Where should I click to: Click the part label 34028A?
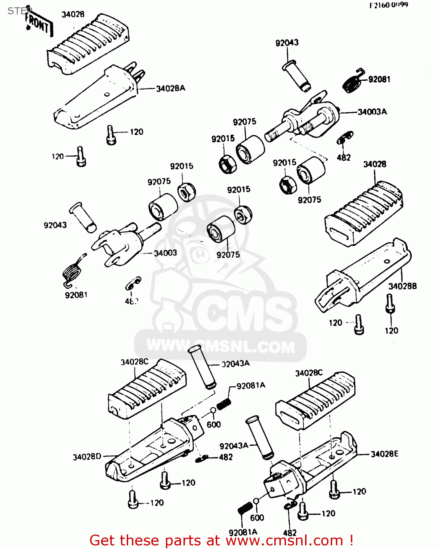coord(171,88)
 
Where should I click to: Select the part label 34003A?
coord(372,112)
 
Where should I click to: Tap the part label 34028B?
coord(402,286)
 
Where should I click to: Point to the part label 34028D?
coord(87,457)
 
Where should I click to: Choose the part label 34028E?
coord(384,454)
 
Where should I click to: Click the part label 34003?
coord(165,253)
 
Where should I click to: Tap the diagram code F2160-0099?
coord(388,5)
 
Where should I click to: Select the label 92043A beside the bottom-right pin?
coord(234,446)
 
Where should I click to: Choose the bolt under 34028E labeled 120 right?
coord(334,490)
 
